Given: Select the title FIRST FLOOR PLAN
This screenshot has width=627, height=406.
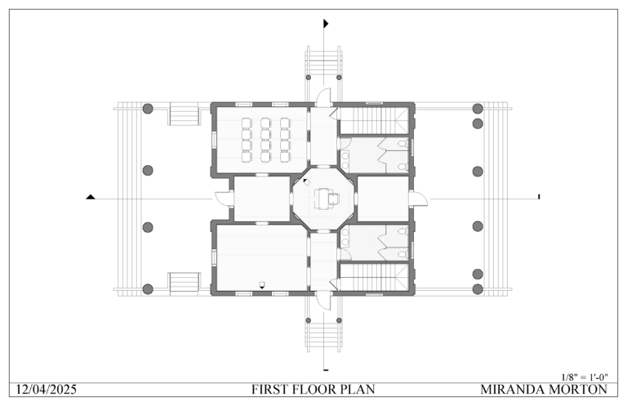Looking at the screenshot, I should coord(313,389).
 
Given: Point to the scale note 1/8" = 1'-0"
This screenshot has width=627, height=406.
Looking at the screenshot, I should coord(585,376).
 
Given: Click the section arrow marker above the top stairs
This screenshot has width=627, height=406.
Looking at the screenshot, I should coord(325,24).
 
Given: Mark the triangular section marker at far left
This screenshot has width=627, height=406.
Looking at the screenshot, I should coord(91,197).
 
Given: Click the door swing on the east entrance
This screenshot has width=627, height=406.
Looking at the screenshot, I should coord(418,197).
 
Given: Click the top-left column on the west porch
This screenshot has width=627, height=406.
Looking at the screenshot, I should coord(148,109).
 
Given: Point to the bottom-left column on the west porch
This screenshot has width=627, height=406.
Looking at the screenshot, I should coord(148,288).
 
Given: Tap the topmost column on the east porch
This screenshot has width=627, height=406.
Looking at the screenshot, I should coord(478,109).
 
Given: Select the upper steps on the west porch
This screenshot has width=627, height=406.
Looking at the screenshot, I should coord(184,114).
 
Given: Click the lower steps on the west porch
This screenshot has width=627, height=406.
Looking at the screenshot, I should coord(184,283).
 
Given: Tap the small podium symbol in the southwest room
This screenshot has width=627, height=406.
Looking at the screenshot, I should coord(261,284).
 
